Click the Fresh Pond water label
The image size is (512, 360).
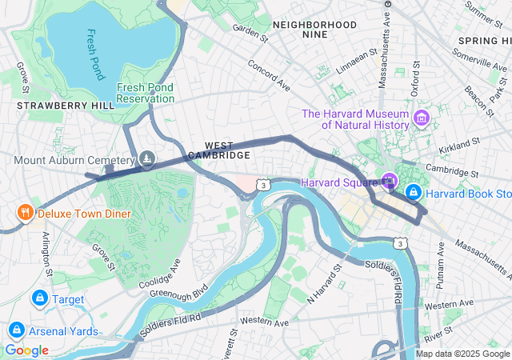click(x=94, y=55)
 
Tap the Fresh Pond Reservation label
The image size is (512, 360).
click(x=145, y=93)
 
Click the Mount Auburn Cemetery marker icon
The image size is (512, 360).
click(x=147, y=160)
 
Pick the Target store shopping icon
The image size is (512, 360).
click(x=38, y=298)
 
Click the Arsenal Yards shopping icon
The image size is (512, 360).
click(x=16, y=330)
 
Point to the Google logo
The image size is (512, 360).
click(x=26, y=350)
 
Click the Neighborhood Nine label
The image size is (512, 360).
click(x=314, y=30)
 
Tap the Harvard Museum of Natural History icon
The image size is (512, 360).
click(x=422, y=119)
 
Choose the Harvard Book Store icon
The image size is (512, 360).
click(x=414, y=193)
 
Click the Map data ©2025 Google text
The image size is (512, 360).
click(x=462, y=354)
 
